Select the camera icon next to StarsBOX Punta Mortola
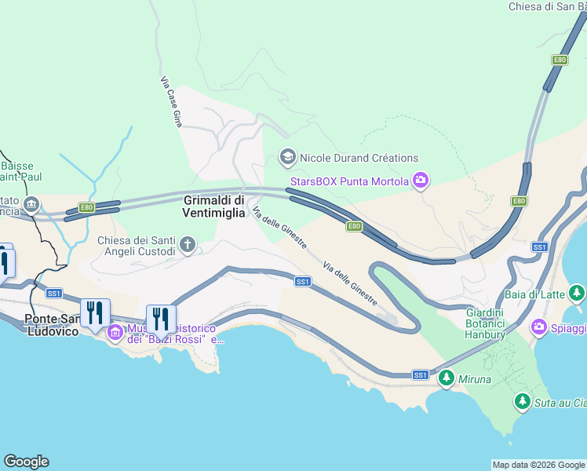pyautogui.click(x=421, y=182)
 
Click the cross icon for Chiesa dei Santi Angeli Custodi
pyautogui.click(x=188, y=245)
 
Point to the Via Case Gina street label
pyautogui.click(x=171, y=100)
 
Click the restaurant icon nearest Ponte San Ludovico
pyautogui.click(x=95, y=313)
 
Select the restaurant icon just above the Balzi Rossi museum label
pyautogui.click(x=161, y=319)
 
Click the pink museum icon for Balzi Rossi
pyautogui.click(x=115, y=333)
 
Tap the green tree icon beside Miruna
pyautogui.click(x=447, y=378)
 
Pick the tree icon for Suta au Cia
pyautogui.click(x=522, y=402)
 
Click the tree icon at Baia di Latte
pyautogui.click(x=577, y=294)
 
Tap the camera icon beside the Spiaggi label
pyautogui.click(x=539, y=326)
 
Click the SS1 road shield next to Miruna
pyautogui.click(x=421, y=375)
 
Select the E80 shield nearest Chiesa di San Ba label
pyautogui.click(x=559, y=60)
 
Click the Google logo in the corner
pyautogui.click(x=26, y=462)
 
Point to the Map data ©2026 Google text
pyautogui.click(x=538, y=465)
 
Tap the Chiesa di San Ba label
pyautogui.click(x=547, y=7)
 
